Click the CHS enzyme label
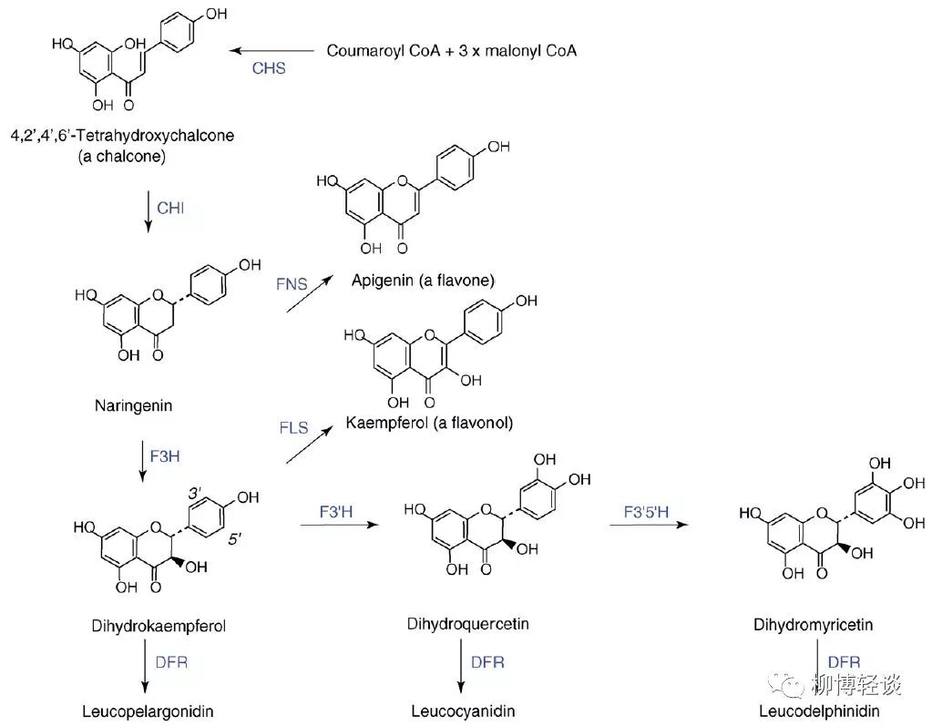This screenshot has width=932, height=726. [269, 69]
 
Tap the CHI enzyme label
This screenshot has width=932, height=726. [170, 209]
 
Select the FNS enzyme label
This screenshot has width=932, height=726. [292, 284]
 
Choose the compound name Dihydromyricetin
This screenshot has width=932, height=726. [814, 625]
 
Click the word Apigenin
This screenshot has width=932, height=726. [382, 280]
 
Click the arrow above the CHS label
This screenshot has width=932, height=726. [270, 51]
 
